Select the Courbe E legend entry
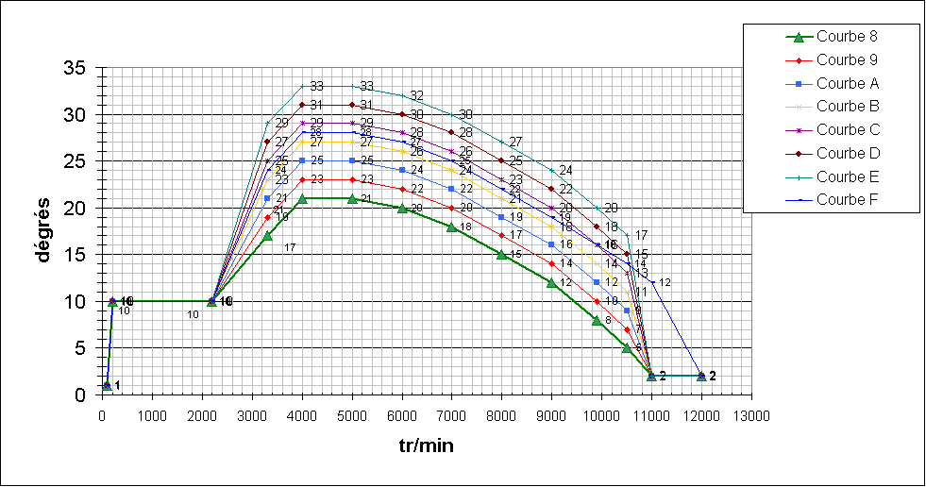point(848,176)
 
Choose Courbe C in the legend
point(848,129)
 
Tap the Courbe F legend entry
point(848,199)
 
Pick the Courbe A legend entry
point(848,83)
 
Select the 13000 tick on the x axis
point(751,414)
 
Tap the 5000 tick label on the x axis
point(352,414)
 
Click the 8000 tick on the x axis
point(501,414)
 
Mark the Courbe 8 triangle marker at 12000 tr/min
point(701,376)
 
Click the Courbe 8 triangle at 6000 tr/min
point(402,208)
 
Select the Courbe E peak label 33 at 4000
point(316,86)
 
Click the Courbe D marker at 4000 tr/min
point(302,105)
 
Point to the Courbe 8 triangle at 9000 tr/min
point(551,282)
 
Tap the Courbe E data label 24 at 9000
point(566,170)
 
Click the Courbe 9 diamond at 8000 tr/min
point(501,235)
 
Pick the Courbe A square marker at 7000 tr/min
point(451,189)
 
